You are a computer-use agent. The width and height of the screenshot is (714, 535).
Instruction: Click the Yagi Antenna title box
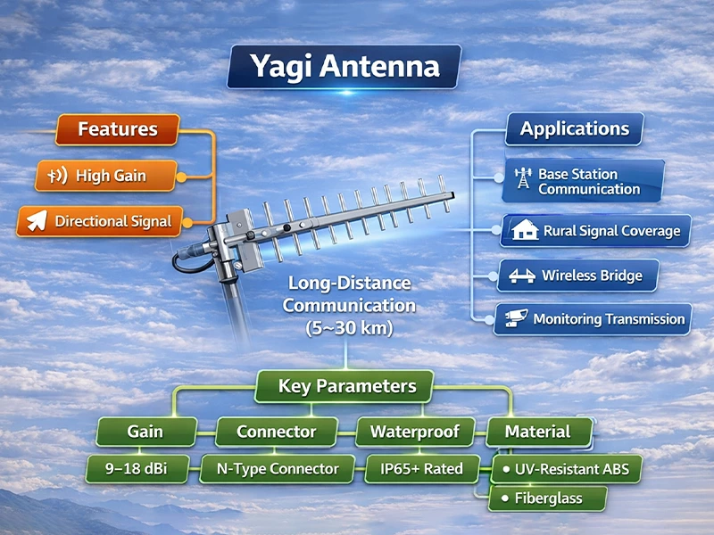coord(344,68)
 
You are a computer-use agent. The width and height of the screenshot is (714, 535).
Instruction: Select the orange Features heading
coord(117,129)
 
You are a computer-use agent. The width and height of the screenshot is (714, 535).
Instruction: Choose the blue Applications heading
coord(575,128)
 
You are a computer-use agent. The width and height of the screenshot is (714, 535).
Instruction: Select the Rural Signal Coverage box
coord(596,231)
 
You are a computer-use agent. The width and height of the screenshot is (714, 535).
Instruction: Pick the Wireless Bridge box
coord(577,276)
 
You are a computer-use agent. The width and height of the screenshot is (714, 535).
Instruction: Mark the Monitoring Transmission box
coord(594,318)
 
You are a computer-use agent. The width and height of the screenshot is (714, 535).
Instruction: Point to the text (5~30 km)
coord(349,327)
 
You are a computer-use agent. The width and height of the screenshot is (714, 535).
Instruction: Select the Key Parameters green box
coord(347,387)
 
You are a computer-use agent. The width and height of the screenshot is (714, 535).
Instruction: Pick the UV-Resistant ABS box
coord(567,468)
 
